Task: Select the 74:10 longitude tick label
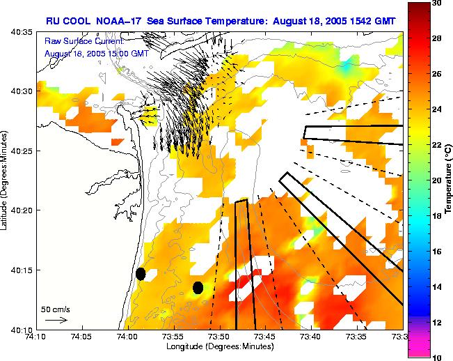tap(35, 337)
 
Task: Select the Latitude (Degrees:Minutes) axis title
tap(6, 180)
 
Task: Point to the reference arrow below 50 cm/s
tap(56, 320)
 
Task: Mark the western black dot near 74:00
tap(141, 274)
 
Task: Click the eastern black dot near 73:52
tap(198, 287)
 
